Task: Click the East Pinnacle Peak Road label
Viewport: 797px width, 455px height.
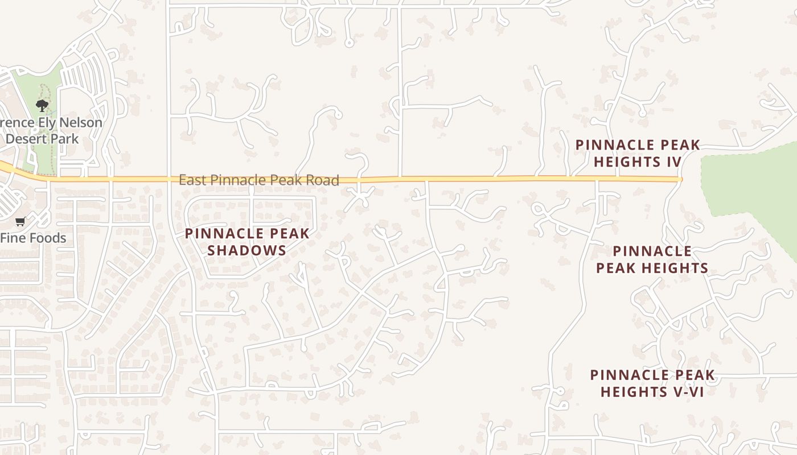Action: click(258, 180)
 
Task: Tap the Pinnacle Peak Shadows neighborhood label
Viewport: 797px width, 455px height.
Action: click(247, 242)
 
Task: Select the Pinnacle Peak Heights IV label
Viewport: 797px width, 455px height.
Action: click(638, 154)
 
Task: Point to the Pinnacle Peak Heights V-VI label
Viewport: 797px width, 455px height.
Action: click(652, 383)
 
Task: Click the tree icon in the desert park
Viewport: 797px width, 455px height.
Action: click(42, 105)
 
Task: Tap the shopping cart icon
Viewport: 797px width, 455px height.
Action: click(20, 221)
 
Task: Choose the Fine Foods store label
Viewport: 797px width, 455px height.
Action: click(33, 238)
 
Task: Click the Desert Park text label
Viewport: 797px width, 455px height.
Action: click(42, 139)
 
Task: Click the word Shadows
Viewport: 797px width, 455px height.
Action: click(247, 250)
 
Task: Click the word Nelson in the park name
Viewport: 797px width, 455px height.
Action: click(80, 123)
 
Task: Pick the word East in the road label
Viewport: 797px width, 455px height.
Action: click(192, 180)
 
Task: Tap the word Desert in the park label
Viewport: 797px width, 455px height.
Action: click(27, 139)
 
